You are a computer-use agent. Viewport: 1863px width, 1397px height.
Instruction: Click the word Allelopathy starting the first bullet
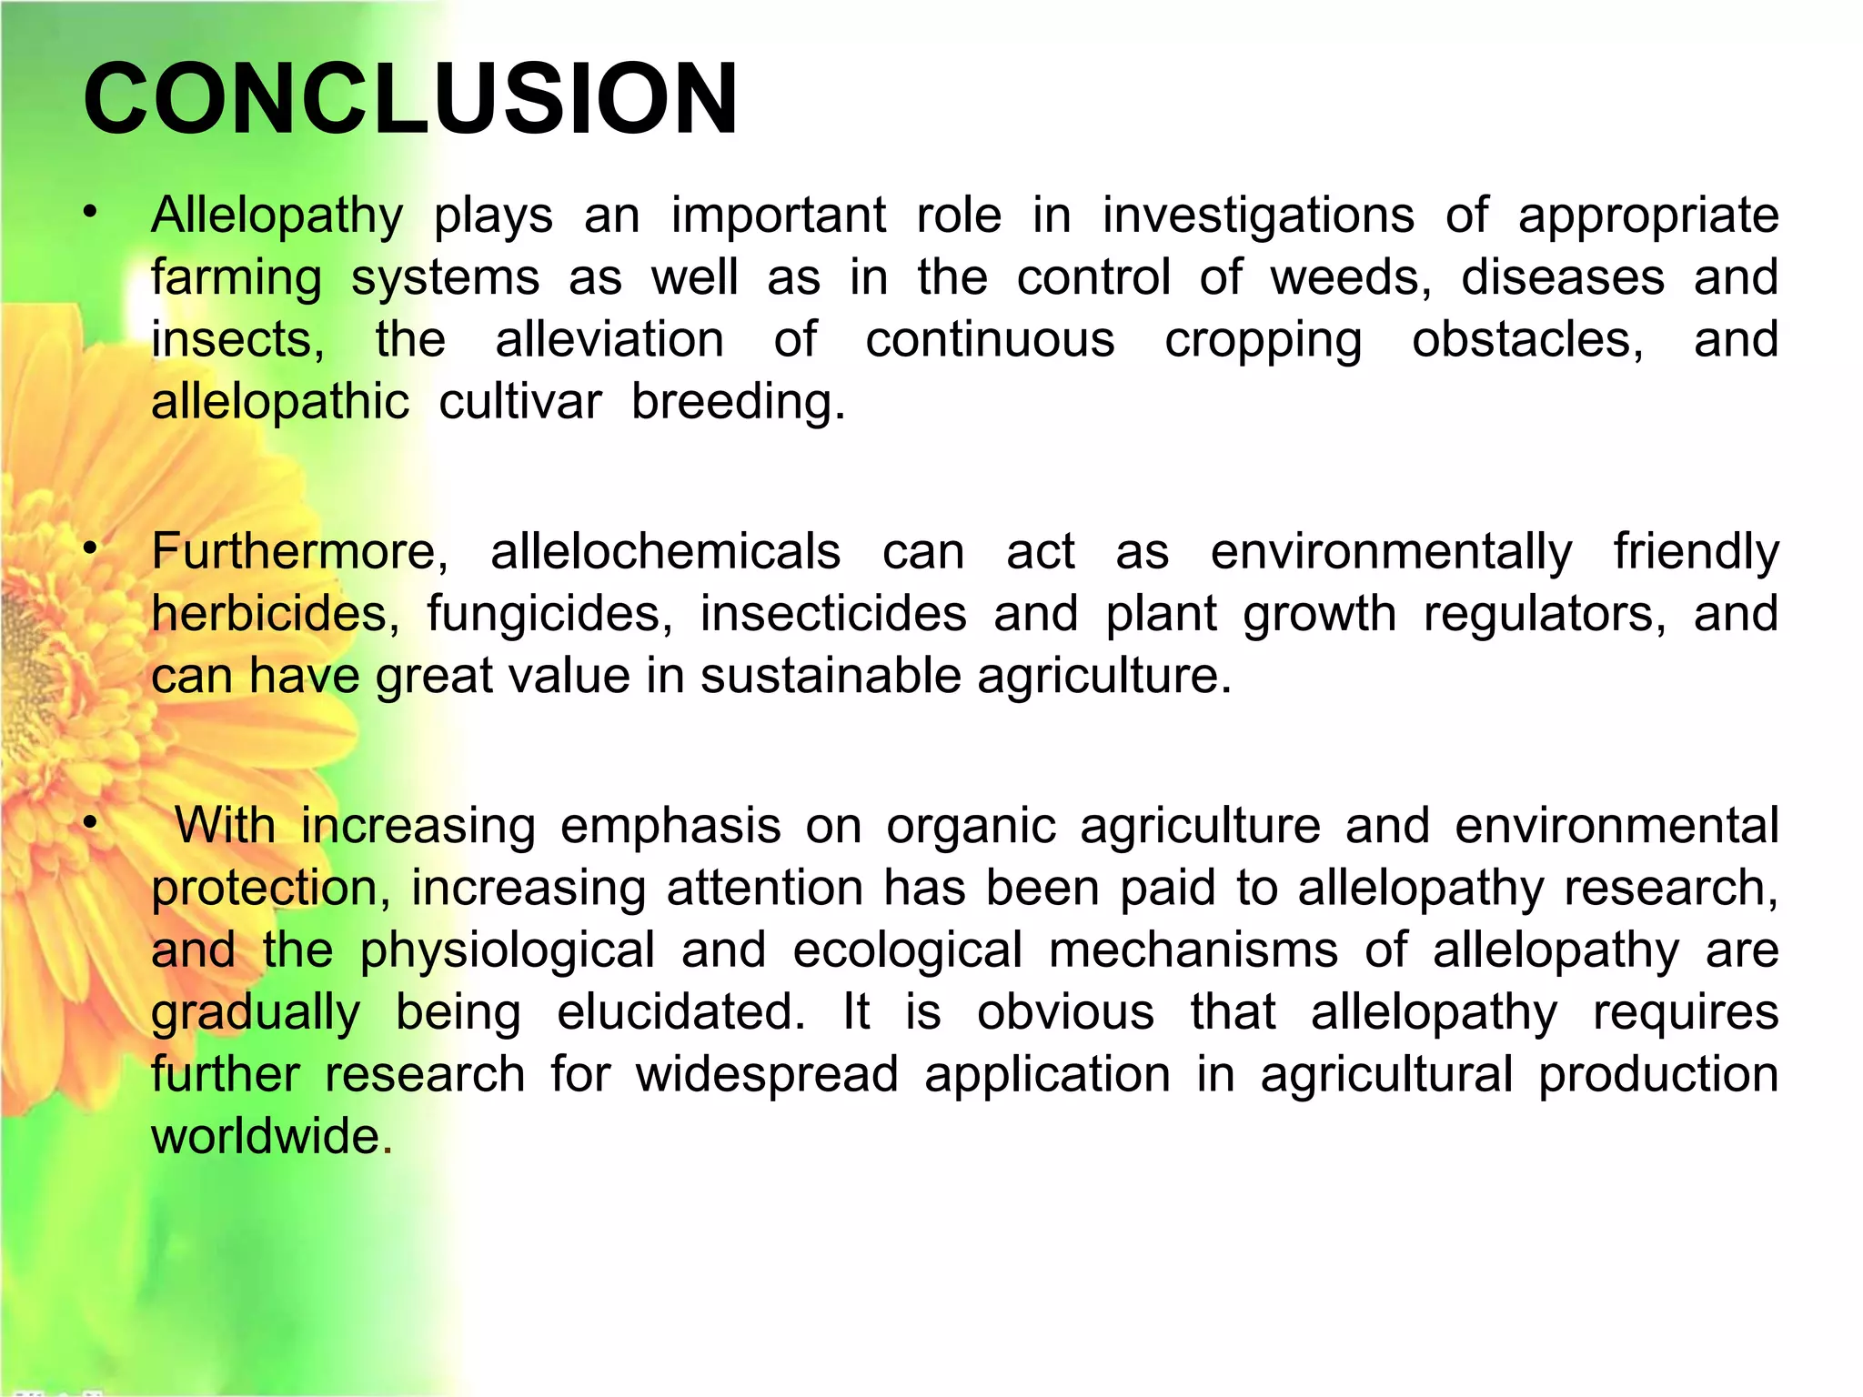coord(277,216)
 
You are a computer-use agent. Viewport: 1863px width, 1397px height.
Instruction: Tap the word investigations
coord(1258,216)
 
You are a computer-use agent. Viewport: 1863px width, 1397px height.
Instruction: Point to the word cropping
coord(1263,341)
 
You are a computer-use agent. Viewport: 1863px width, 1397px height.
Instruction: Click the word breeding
coord(738,402)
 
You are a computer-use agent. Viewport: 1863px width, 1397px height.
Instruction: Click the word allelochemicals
coord(665,552)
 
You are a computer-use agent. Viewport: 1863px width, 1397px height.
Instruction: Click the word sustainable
coord(830,677)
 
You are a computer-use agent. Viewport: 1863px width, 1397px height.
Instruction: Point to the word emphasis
coord(670,827)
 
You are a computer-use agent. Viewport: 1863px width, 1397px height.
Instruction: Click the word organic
coord(971,827)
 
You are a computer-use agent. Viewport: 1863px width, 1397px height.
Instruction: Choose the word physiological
coord(507,951)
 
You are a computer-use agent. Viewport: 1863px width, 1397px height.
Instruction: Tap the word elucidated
coord(680,1012)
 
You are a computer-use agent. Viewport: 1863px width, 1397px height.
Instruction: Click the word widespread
coord(767,1075)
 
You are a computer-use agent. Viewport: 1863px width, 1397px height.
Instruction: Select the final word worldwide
coord(266,1137)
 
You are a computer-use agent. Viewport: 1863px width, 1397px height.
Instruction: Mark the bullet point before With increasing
coord(89,822)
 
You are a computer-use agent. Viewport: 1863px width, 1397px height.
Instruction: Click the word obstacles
coord(1527,341)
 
